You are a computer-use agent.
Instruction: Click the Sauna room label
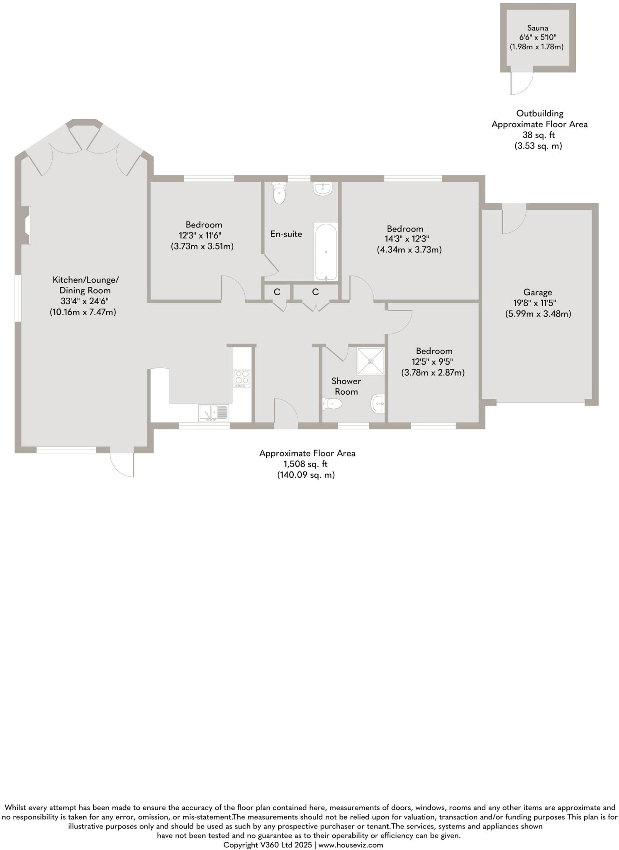(537, 28)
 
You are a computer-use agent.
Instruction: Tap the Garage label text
(537, 292)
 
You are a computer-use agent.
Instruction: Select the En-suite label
(286, 234)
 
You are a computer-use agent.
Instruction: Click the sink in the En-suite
(323, 188)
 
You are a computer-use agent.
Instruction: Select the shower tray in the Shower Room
(371, 361)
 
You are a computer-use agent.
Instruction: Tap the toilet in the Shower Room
(333, 403)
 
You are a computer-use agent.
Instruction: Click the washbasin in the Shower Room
(378, 403)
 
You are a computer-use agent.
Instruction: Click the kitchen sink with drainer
(214, 413)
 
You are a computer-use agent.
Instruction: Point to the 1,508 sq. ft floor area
(307, 464)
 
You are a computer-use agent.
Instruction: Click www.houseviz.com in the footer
(351, 845)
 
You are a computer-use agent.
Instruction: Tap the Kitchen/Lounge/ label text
(85, 279)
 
